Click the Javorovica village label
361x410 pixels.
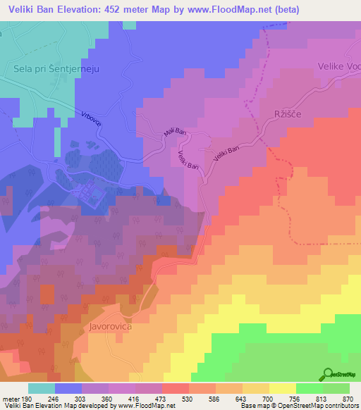coord(111,328)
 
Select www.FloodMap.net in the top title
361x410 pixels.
coord(228,10)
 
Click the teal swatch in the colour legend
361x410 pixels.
coord(42,388)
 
